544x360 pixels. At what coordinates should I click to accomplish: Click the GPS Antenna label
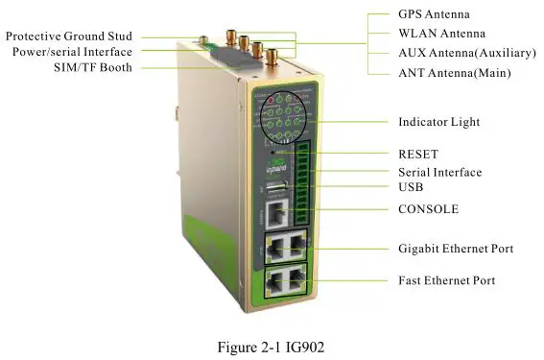click(x=434, y=15)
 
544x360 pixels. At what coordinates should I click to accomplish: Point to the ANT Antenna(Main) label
click(x=454, y=73)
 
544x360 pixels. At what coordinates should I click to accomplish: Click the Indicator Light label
click(x=438, y=122)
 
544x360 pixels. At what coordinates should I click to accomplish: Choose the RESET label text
click(x=418, y=154)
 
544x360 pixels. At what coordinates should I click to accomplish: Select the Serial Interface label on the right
click(x=439, y=173)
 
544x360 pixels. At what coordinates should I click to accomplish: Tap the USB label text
click(x=412, y=189)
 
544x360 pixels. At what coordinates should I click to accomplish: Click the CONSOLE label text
click(x=428, y=208)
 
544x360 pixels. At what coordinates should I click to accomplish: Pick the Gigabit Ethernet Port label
click(x=456, y=249)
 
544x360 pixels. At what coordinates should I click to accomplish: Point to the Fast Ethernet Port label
click(x=446, y=280)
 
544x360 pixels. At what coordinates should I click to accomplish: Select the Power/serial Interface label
click(x=72, y=52)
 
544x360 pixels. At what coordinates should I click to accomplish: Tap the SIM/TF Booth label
click(x=93, y=68)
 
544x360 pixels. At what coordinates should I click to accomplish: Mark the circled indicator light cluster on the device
click(x=281, y=118)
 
